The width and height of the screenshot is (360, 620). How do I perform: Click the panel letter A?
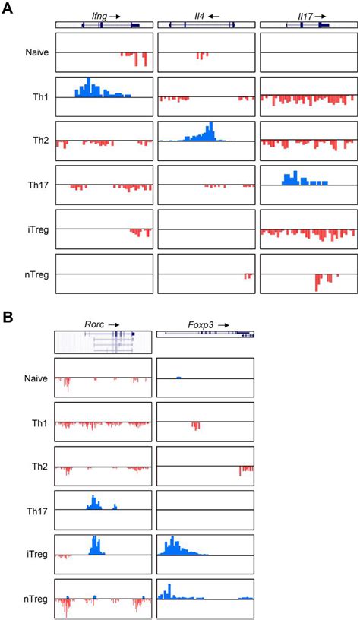pos(8,9)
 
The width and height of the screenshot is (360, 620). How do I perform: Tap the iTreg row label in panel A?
pos(34,229)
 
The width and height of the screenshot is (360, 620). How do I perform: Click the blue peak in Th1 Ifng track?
pos(90,88)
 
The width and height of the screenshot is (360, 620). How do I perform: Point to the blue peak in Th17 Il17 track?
pos(293,179)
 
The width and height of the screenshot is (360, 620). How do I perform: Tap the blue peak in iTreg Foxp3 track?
pos(173,546)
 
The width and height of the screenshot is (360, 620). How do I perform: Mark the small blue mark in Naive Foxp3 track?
pos(178,377)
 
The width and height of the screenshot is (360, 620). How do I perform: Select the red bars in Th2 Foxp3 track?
pos(245,470)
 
